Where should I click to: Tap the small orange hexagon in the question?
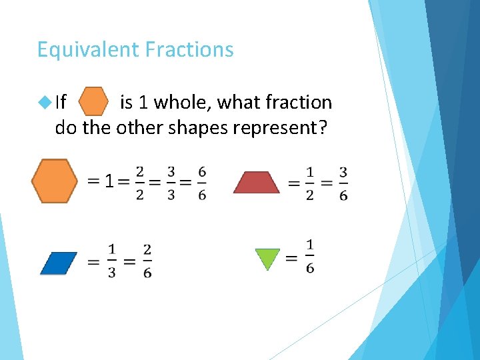[x=94, y=102]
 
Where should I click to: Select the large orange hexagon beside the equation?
[x=55, y=181]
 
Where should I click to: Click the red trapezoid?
[x=256, y=183]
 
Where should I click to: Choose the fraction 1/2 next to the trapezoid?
[x=310, y=183]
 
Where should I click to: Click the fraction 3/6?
[x=343, y=183]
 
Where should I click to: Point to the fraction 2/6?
[x=147, y=261]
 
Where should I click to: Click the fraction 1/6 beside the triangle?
[x=310, y=256]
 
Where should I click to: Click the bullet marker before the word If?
[x=45, y=102]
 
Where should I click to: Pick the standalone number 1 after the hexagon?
[x=109, y=181]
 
